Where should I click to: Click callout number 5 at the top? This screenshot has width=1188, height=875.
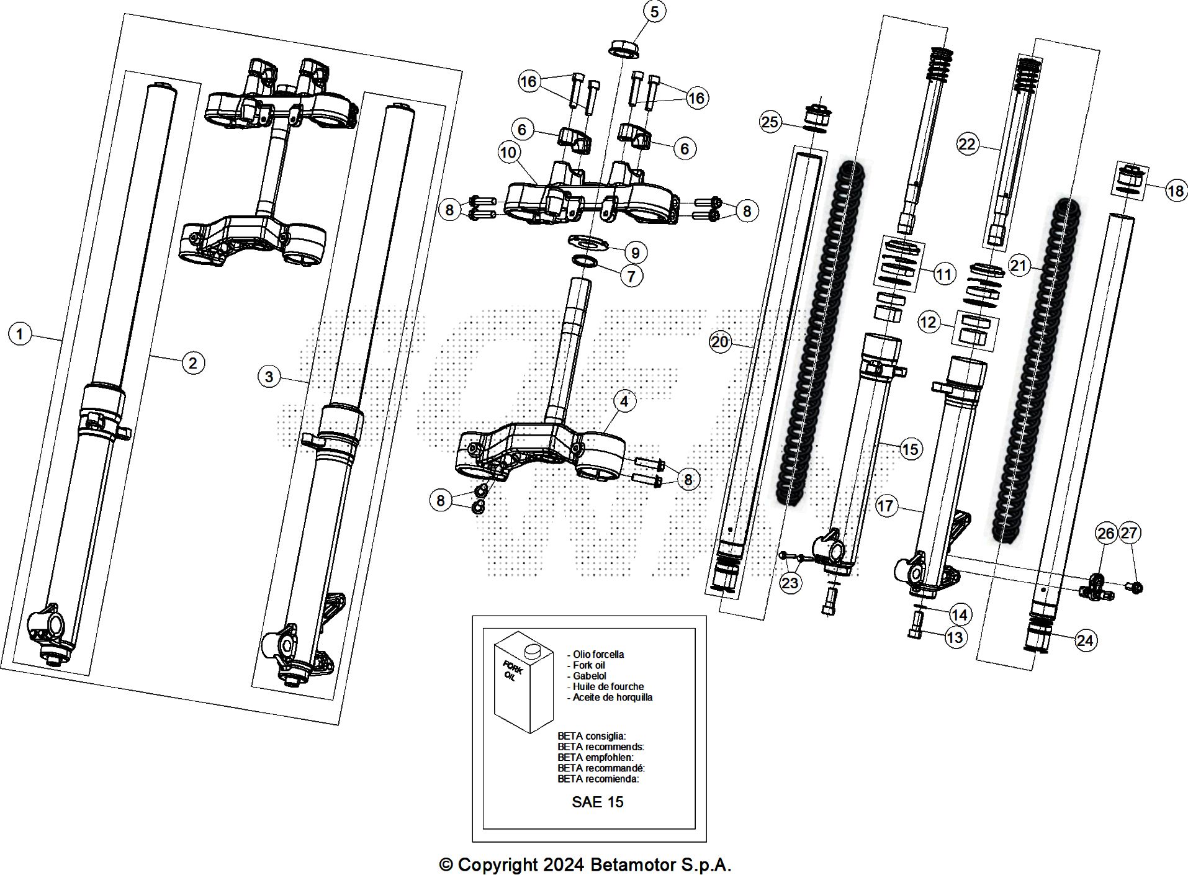tap(655, 11)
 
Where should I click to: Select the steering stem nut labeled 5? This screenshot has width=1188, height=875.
tap(623, 48)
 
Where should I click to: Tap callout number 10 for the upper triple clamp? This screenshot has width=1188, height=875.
tap(508, 153)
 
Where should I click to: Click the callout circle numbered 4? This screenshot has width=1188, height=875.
tap(624, 402)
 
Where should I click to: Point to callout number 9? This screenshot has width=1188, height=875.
tap(635, 253)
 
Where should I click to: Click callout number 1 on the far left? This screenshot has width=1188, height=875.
tap(20, 334)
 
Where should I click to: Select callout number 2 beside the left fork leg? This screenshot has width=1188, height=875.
tap(193, 362)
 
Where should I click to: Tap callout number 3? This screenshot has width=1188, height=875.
tap(269, 377)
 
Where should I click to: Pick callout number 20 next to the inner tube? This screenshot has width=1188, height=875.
tap(720, 342)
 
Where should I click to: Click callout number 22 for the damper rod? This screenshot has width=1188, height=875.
tap(967, 145)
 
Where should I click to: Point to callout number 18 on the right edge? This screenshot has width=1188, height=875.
tap(1176, 191)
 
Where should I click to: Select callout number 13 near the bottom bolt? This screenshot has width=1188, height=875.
tap(955, 637)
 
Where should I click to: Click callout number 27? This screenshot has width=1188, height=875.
tap(1130, 532)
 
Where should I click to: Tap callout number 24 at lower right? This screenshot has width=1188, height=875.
tap(1084, 640)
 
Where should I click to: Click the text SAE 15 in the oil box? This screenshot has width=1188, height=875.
tap(597, 802)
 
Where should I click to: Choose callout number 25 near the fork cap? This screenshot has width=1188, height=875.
tap(770, 122)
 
